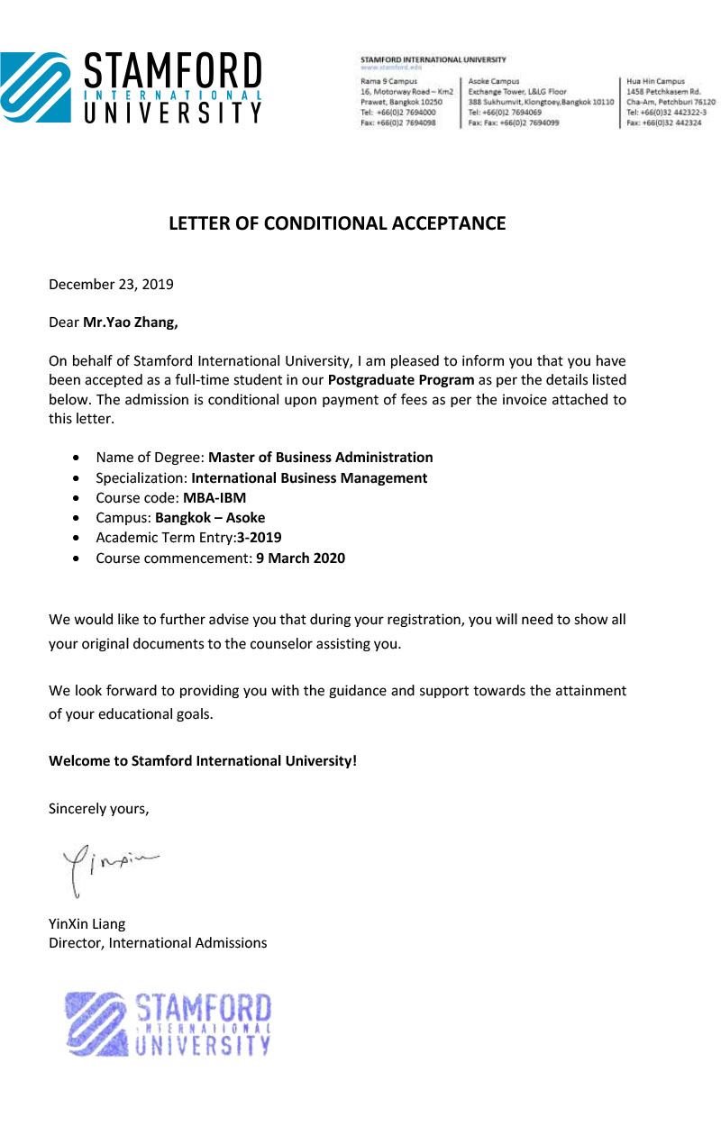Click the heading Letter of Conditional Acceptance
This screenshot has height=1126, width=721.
click(x=337, y=223)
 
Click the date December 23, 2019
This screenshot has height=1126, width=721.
click(x=111, y=285)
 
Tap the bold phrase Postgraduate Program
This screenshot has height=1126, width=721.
click(x=401, y=379)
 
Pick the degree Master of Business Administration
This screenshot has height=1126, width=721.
click(x=321, y=457)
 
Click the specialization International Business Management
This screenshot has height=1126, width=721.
click(x=309, y=478)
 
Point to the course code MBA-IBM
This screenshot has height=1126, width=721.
click(x=214, y=497)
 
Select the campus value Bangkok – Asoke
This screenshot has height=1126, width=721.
click(x=210, y=518)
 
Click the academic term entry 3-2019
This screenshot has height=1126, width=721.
click(x=260, y=538)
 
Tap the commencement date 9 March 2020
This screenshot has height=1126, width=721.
click(x=300, y=558)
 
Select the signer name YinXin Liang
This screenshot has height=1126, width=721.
click(x=87, y=923)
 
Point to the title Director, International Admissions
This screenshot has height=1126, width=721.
click(x=158, y=943)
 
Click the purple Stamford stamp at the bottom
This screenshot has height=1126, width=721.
click(x=168, y=1024)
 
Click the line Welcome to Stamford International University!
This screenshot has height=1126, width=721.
click(x=203, y=760)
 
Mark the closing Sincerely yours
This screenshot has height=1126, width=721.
click(x=98, y=808)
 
